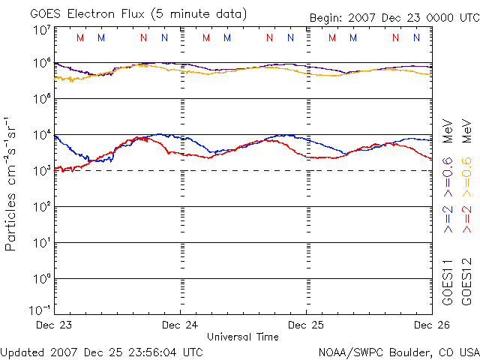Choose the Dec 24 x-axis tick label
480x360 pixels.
tap(181, 325)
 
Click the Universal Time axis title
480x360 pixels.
tap(242, 337)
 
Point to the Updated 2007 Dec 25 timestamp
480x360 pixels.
tap(101, 351)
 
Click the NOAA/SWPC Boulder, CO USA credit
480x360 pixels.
tap(398, 351)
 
